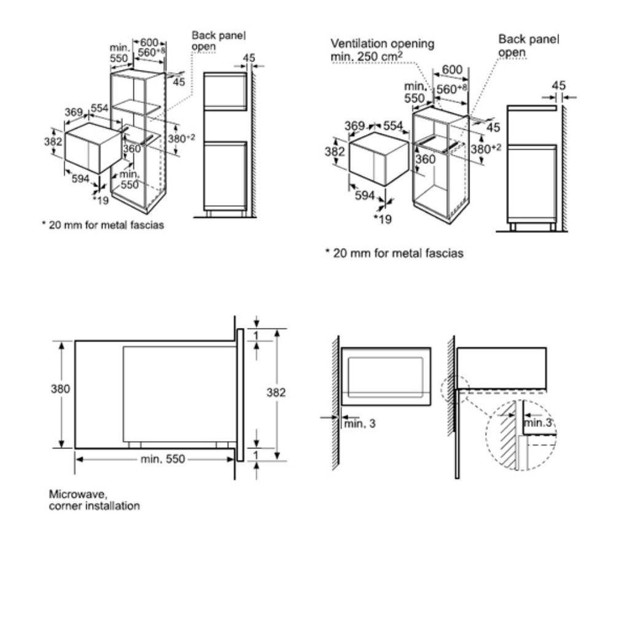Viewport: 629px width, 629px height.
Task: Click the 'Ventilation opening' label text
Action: click(x=382, y=44)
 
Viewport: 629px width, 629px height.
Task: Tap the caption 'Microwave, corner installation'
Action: click(x=94, y=500)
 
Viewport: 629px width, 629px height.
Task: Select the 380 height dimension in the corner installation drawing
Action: click(x=60, y=389)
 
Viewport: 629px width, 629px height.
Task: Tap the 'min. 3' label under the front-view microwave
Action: click(x=359, y=423)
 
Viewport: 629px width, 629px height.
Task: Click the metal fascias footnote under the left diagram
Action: click(x=103, y=225)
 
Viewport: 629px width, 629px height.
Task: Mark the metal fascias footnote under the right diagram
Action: click(x=394, y=252)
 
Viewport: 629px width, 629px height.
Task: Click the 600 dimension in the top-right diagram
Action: click(x=452, y=69)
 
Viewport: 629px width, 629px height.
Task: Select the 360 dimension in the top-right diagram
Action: click(x=424, y=159)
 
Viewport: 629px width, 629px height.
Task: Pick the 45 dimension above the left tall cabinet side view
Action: click(x=248, y=58)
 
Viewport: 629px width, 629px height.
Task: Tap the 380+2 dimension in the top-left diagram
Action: click(x=181, y=139)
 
